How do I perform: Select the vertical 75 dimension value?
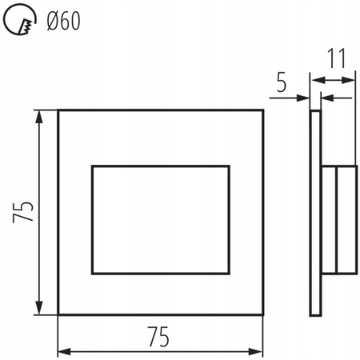click(x=24, y=212)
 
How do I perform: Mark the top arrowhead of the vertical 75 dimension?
click(x=38, y=115)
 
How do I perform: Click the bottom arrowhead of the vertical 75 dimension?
click(x=38, y=310)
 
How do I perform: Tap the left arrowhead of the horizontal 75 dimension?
click(x=63, y=351)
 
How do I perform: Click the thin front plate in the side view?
click(x=314, y=212)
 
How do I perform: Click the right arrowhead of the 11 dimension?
click(x=351, y=79)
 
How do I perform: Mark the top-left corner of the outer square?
click(x=58, y=110)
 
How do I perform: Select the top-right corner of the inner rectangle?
click(x=230, y=166)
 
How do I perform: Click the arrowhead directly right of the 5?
click(x=306, y=98)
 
